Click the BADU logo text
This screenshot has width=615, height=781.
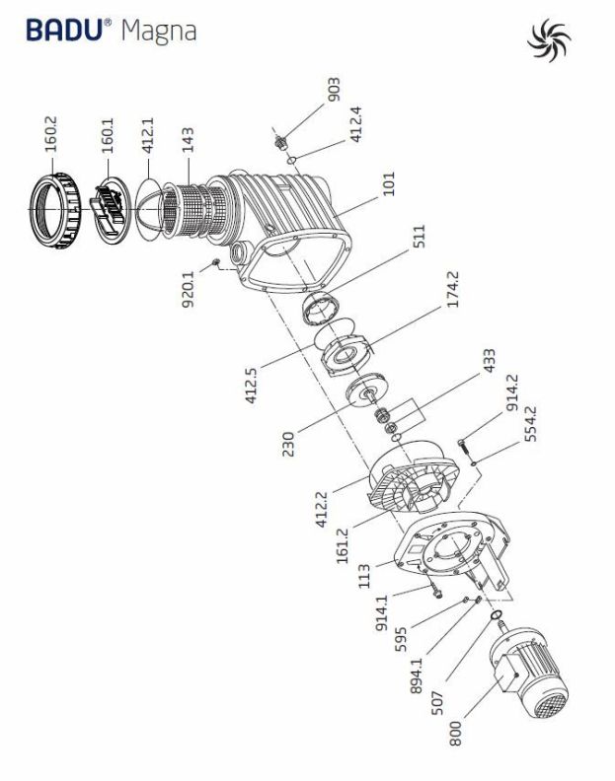click(68, 31)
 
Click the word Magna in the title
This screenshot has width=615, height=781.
click(158, 32)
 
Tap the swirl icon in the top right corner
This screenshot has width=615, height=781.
click(551, 40)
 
